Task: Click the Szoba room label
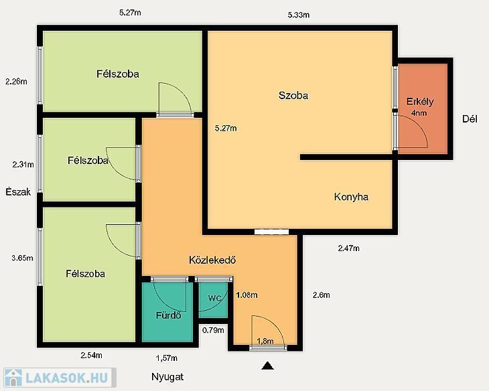pos(293,96)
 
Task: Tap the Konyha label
pos(351,197)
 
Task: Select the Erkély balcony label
pos(420,102)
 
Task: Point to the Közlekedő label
pos(212,260)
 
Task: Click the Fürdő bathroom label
pos(168,315)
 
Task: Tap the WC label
pos(214,299)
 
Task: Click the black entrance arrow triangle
pos(267,366)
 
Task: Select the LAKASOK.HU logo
pos(60,378)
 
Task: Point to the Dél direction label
pos(470,119)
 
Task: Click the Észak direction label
pos(18,191)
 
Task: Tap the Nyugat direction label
pos(167,377)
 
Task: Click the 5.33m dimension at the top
pos(299,15)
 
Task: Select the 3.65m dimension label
pos(23,258)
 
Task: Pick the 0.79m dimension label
pos(213,330)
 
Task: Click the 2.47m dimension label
pos(348,248)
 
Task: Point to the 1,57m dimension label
pos(167,358)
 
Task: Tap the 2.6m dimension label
pos(322,295)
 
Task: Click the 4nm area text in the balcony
pos(419,113)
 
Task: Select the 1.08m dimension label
pos(247,295)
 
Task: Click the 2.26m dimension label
pos(16,82)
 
